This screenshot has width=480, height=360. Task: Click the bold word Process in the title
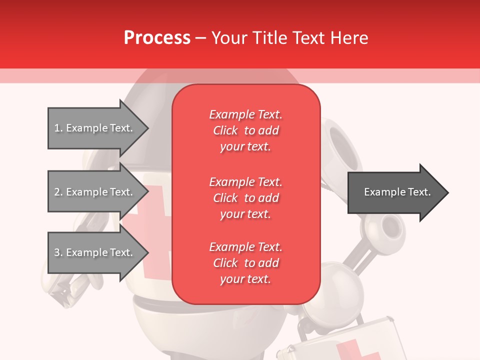click(157, 38)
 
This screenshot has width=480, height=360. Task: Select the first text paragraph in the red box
click(245, 130)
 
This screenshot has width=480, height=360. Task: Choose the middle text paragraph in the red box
click(245, 197)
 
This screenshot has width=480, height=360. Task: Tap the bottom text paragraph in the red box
click(245, 263)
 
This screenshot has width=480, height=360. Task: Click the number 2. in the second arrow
click(58, 192)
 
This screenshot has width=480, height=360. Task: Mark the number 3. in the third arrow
click(58, 252)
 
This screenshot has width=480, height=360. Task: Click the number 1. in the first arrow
click(58, 128)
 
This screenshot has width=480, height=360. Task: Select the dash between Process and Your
click(200, 38)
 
